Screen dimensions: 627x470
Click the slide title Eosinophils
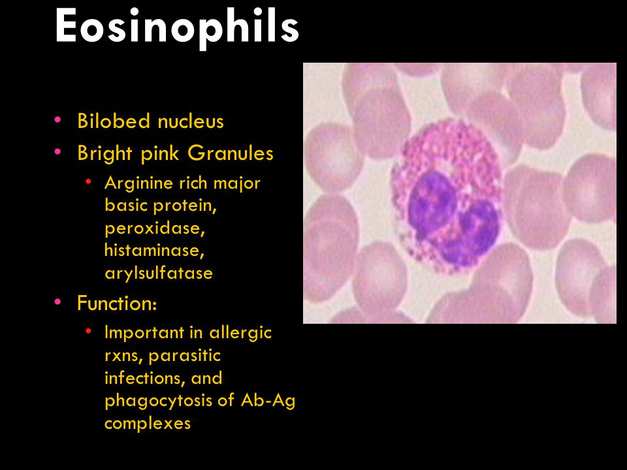177,27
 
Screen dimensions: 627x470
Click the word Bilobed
114,121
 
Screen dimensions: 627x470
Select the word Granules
231,153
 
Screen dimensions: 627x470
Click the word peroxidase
155,228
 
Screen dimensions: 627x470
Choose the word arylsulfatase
159,274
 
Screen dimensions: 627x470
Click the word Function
117,303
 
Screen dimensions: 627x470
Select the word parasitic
184,356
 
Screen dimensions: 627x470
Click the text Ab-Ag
268,401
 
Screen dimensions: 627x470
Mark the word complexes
148,423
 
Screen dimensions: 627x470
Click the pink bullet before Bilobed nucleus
58,119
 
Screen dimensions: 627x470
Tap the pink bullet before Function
58,302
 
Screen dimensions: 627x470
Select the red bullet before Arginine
88,182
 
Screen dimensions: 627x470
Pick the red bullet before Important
88,332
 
